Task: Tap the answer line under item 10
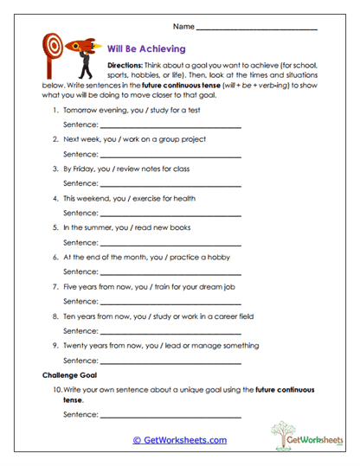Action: tap(170, 417)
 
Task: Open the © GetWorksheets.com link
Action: tap(179, 440)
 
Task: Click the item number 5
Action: tap(55, 227)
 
